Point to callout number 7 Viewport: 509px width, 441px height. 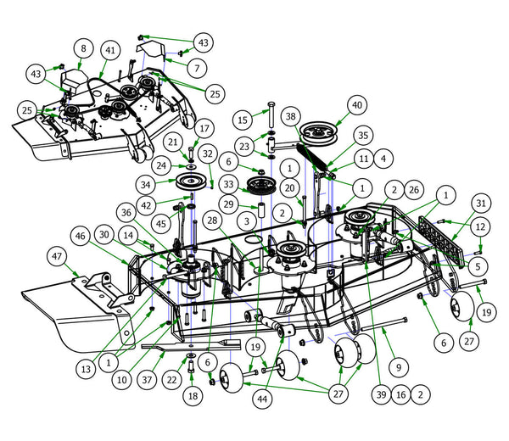tap(197, 65)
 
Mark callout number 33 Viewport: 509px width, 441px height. tap(227, 183)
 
